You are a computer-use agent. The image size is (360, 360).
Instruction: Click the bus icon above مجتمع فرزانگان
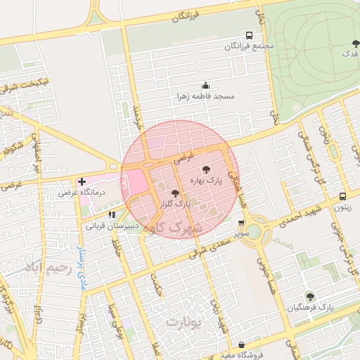tap(249, 35)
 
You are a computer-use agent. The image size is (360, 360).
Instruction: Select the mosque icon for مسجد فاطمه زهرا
tap(205, 85)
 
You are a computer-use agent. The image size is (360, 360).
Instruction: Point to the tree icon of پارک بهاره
tap(205, 169)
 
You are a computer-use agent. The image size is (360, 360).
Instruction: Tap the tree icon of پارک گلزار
tap(175, 193)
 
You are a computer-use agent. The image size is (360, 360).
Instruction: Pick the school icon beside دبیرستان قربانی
tap(112, 214)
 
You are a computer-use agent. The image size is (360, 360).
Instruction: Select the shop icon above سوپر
tap(242, 223)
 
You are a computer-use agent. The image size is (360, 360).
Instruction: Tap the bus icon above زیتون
tap(342, 197)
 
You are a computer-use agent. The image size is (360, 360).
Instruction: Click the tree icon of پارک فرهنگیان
tap(309, 296)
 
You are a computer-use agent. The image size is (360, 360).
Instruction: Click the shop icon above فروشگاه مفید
tap(243, 345)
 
